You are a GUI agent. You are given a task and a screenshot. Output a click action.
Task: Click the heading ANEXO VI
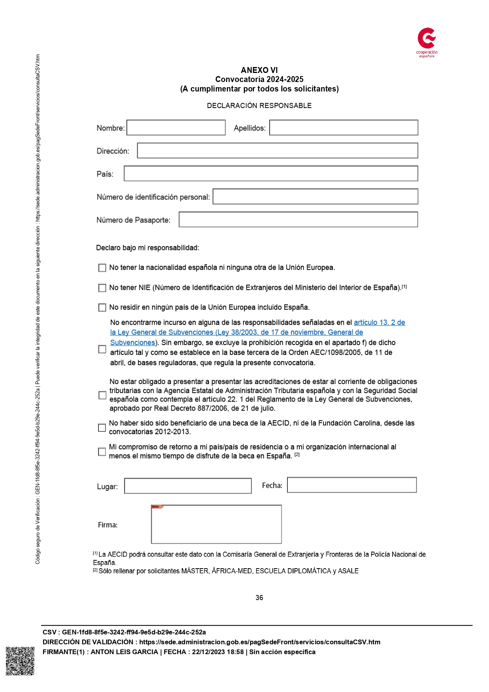(259, 70)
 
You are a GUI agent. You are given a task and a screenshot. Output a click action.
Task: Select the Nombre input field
(176, 128)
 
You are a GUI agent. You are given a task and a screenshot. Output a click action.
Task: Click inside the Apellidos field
(343, 128)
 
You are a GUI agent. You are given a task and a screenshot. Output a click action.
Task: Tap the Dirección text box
(277, 151)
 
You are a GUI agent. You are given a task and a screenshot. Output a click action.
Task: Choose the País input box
(271, 173)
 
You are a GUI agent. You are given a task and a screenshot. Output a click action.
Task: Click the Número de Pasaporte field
(298, 220)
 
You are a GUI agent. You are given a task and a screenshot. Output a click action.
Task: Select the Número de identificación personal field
(315, 197)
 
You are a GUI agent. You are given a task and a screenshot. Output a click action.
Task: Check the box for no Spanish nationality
(102, 268)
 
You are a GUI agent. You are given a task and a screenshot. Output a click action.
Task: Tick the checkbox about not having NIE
(102, 288)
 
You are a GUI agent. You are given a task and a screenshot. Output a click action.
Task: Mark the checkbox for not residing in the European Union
(102, 308)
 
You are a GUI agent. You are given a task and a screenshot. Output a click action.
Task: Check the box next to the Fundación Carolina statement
(102, 428)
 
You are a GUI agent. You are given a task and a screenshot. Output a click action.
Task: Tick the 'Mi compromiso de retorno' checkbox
(102, 452)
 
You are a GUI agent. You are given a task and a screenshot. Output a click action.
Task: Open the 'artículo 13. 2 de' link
(379, 323)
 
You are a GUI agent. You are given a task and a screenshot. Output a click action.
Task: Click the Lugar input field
(188, 486)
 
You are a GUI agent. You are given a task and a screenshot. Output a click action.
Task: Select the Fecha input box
(352, 485)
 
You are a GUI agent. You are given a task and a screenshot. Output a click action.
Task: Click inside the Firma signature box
(216, 524)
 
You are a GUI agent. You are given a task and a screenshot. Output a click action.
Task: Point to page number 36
(259, 598)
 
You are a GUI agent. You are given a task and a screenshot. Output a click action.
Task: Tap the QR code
(20, 661)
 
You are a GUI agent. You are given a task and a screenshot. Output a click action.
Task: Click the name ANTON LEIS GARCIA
(124, 652)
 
